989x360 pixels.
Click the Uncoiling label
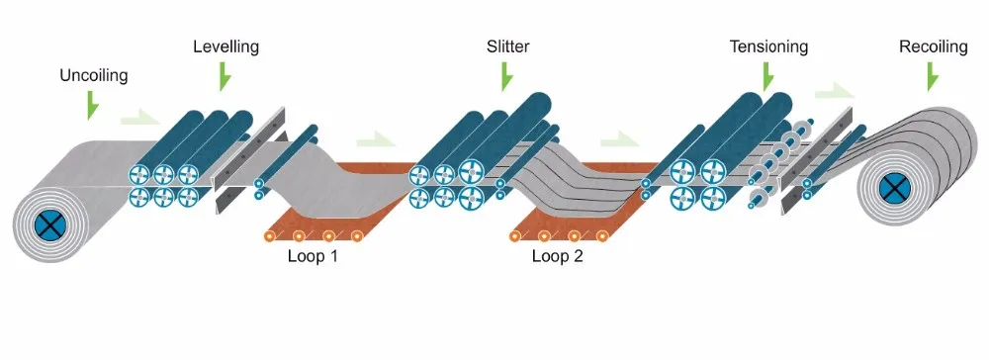pyautogui.click(x=94, y=74)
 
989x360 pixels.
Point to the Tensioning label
pyautogui.click(x=768, y=46)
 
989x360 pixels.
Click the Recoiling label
pyautogui.click(x=933, y=46)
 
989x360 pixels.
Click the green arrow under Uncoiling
pyautogui.click(x=93, y=104)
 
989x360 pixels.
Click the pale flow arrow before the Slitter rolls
pyautogui.click(x=375, y=139)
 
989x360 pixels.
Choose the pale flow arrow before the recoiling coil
pyautogui.click(x=833, y=91)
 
